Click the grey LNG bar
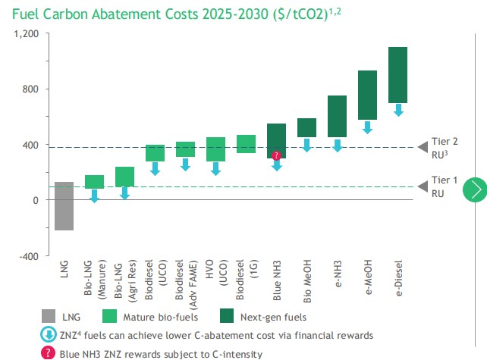64,205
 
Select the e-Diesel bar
397,74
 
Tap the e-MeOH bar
367,95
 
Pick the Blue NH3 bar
276,136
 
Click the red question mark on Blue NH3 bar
276,155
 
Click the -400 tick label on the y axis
27,256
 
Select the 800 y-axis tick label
30,89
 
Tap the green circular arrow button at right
476,189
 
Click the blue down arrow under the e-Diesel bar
397,111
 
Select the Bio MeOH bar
306,127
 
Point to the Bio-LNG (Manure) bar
94,181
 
